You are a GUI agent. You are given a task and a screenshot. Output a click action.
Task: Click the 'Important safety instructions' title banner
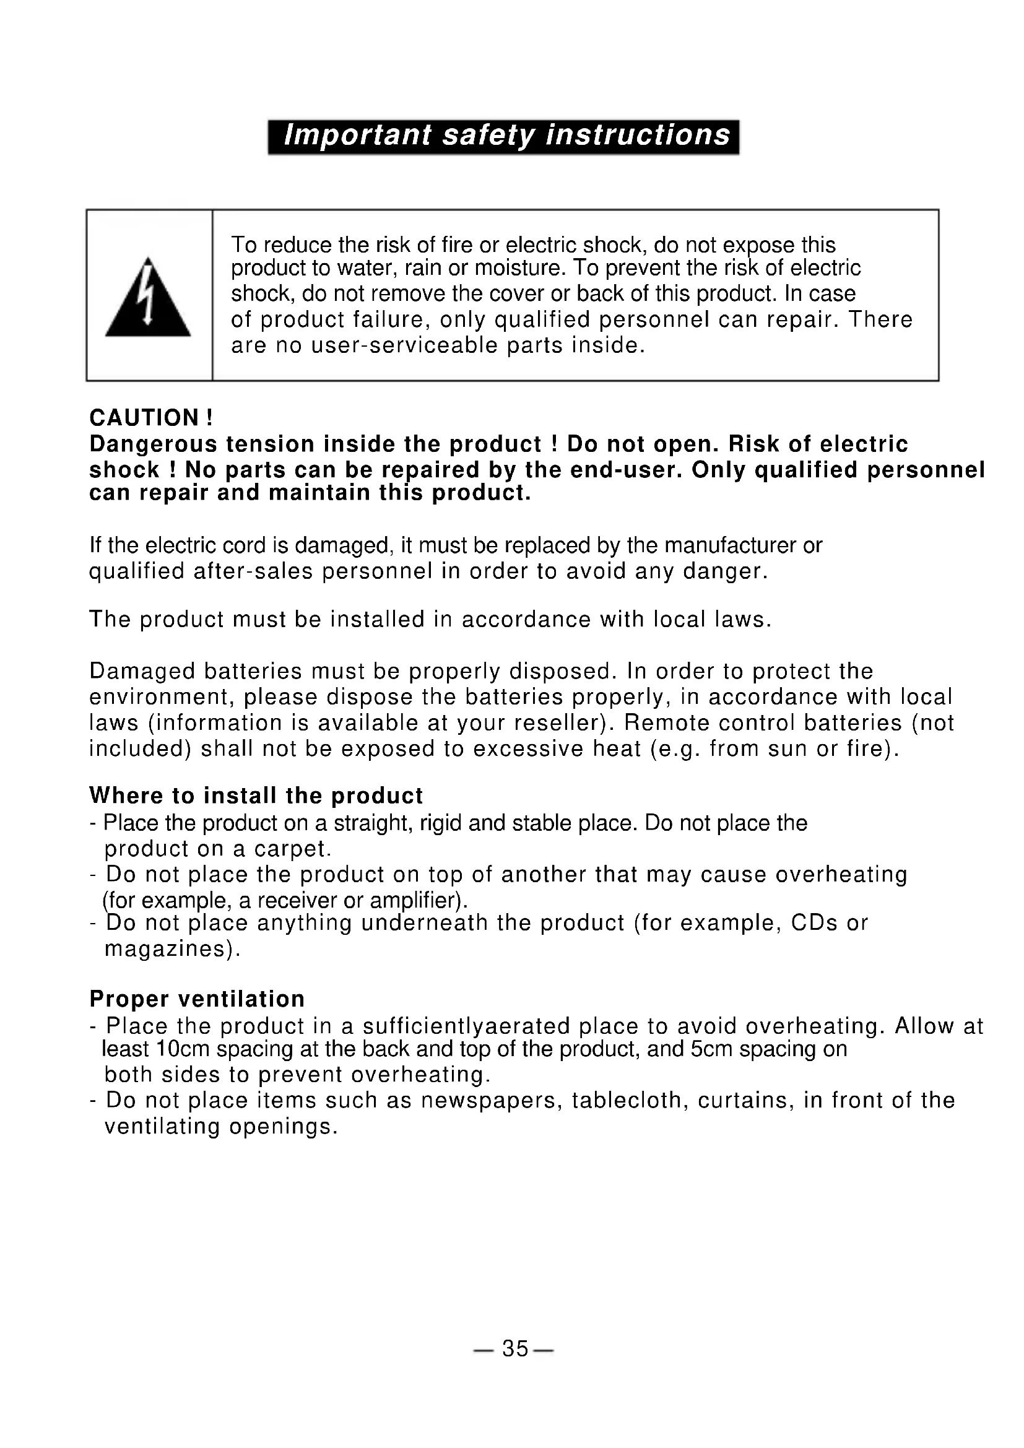[x=503, y=136]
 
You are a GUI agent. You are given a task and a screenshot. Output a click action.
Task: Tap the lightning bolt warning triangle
[x=147, y=299]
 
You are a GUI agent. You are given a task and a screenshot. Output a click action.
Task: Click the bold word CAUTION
[x=144, y=417]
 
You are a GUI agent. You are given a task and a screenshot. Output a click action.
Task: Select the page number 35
[x=514, y=1349]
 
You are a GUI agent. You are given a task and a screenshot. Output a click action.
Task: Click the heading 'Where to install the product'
[x=255, y=796]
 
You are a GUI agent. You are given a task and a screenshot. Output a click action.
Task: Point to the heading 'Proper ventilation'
[x=197, y=999]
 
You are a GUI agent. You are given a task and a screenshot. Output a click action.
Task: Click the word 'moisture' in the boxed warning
[x=516, y=269]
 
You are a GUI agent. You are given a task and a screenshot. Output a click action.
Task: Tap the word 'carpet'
[x=289, y=849]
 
